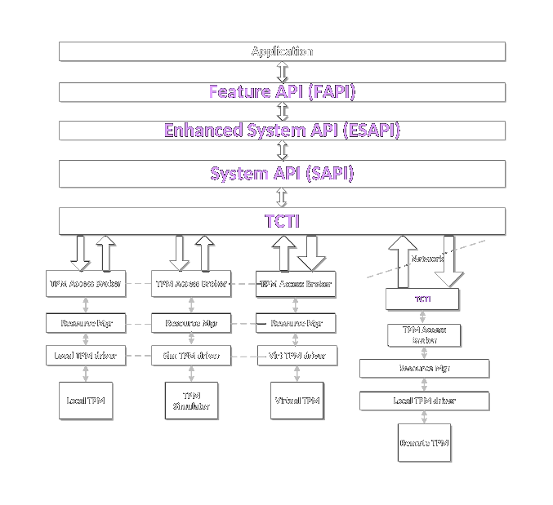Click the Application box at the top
tap(282, 51)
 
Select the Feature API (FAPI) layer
tap(282, 91)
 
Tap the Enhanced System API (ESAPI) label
tap(282, 131)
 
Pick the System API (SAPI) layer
tap(282, 174)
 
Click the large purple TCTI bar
tap(282, 221)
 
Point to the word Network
tap(427, 259)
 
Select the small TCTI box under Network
tap(422, 299)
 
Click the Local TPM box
tap(86, 401)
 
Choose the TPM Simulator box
tap(191, 401)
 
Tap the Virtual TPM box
tap(297, 401)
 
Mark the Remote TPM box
tap(424, 443)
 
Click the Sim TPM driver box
tap(191, 356)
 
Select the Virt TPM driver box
tap(297, 356)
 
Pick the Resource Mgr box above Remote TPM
tap(424, 369)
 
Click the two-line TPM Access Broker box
tap(424, 335)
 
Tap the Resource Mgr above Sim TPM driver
tap(191, 323)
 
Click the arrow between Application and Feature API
tap(283, 71)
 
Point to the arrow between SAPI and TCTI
tap(283, 197)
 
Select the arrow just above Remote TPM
tap(424, 418)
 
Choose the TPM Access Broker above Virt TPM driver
tap(297, 284)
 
